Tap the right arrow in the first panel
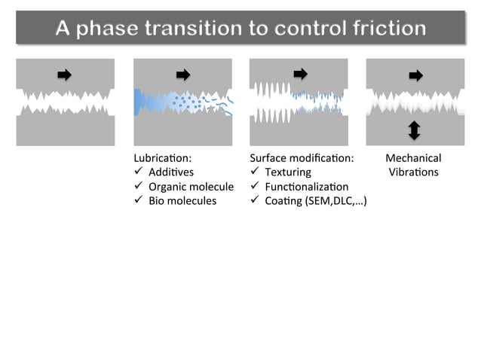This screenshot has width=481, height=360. (65, 75)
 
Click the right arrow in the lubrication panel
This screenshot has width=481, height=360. (182, 75)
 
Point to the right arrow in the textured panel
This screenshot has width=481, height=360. (300, 74)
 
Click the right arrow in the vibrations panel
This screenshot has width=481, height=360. (415, 75)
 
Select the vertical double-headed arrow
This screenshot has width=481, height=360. (414, 130)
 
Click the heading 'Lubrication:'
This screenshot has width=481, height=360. (162, 158)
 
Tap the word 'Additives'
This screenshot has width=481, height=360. (171, 172)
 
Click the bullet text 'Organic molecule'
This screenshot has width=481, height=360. (191, 187)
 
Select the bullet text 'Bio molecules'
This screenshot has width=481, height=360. (182, 201)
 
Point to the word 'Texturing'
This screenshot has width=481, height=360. (287, 172)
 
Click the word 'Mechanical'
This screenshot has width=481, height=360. (413, 158)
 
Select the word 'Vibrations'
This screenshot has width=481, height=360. (413, 172)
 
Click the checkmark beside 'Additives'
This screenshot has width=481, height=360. (138, 172)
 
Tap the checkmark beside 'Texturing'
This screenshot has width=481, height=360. (255, 172)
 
